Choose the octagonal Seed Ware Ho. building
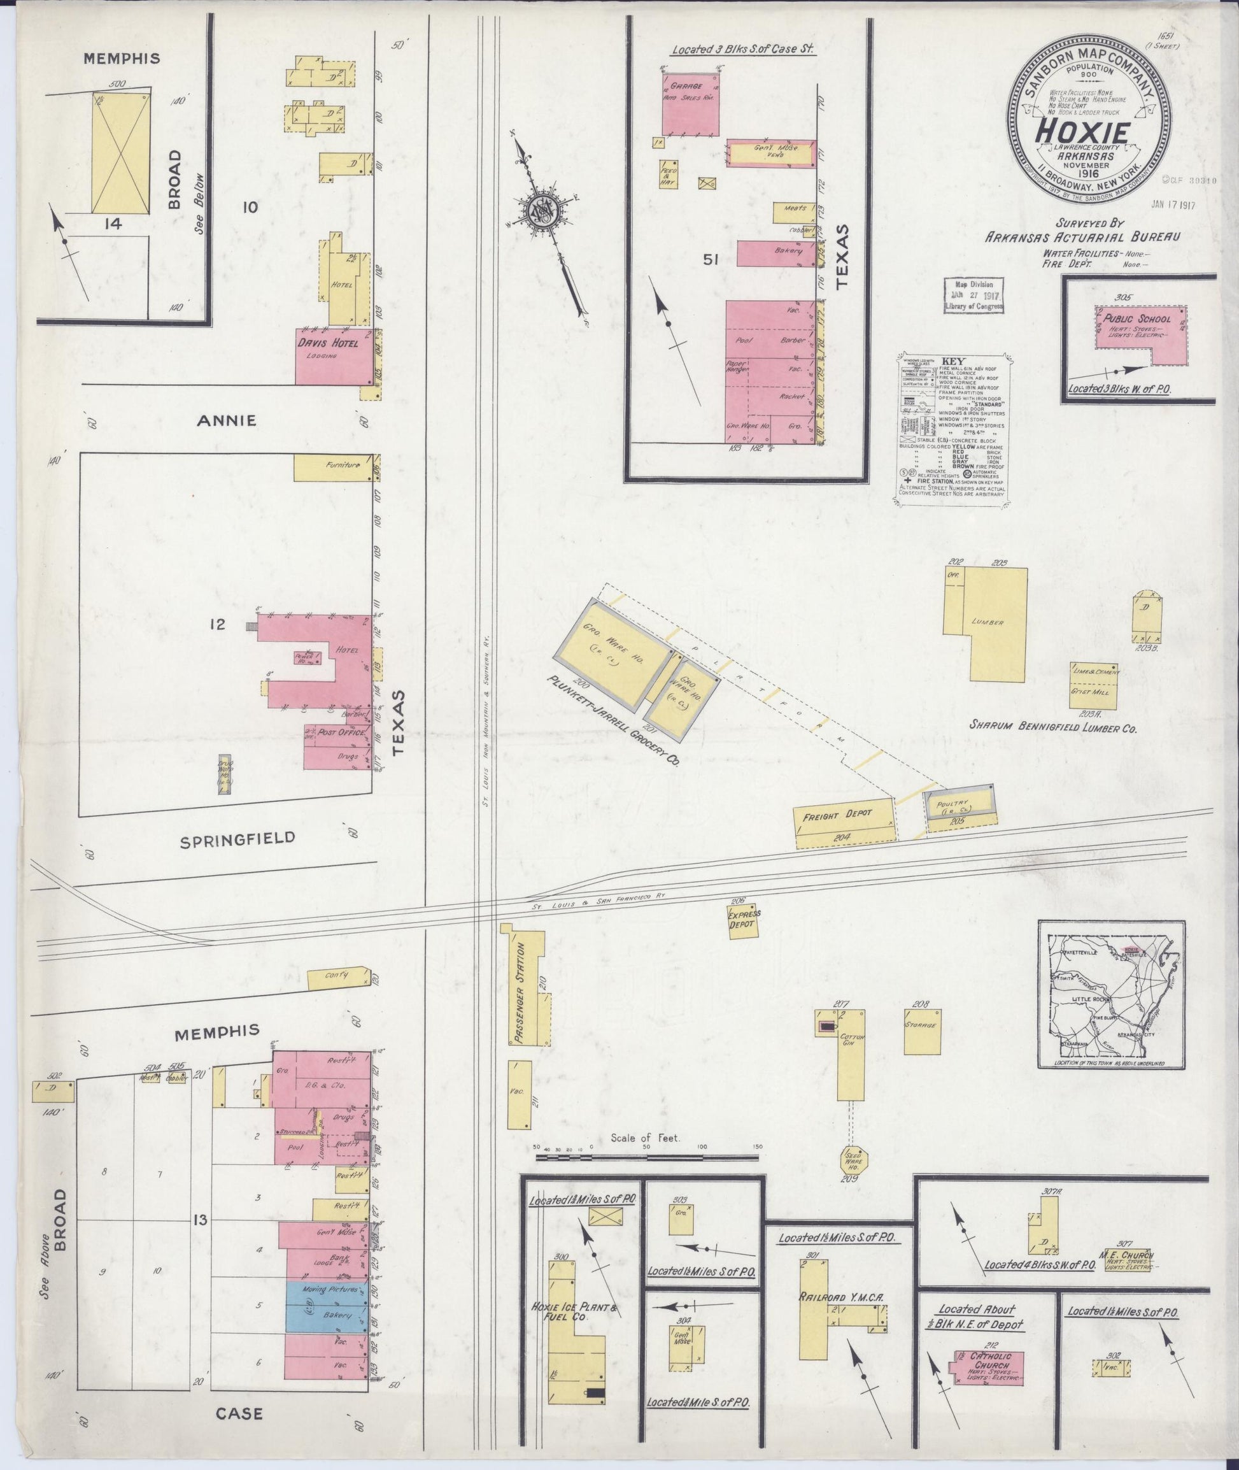854,1159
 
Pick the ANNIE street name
226,420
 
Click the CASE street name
239,1429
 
